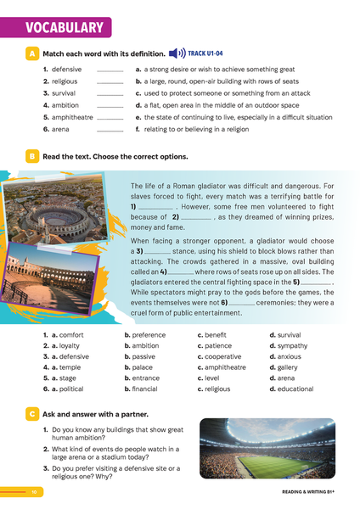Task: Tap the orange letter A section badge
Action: (x=31, y=53)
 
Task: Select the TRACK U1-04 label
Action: (x=205, y=53)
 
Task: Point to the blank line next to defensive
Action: (x=110, y=69)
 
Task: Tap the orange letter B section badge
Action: (x=31, y=157)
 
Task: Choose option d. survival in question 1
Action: (x=285, y=334)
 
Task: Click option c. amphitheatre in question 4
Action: (x=222, y=367)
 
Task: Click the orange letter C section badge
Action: (x=31, y=413)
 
